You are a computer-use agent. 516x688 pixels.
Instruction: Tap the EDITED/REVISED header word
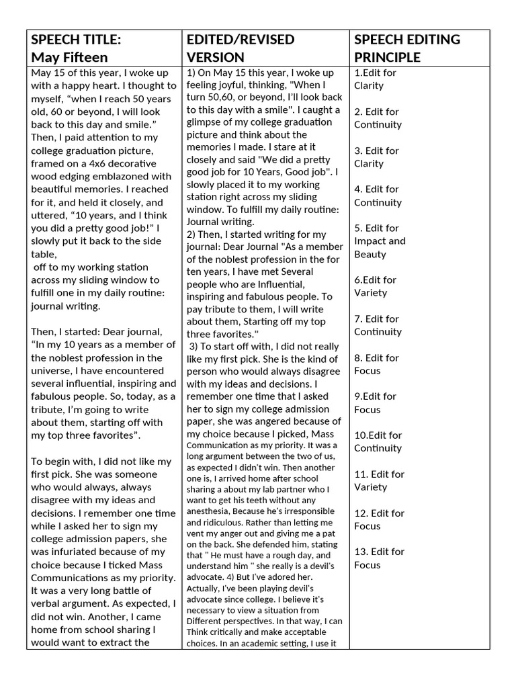(240, 40)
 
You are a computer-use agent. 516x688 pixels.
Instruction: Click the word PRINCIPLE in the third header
(387, 58)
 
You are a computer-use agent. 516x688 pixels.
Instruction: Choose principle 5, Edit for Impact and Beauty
(380, 241)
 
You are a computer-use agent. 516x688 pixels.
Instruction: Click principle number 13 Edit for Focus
(380, 558)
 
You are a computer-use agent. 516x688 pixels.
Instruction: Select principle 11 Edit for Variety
(380, 480)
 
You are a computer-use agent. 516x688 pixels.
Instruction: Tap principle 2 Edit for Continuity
(378, 118)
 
